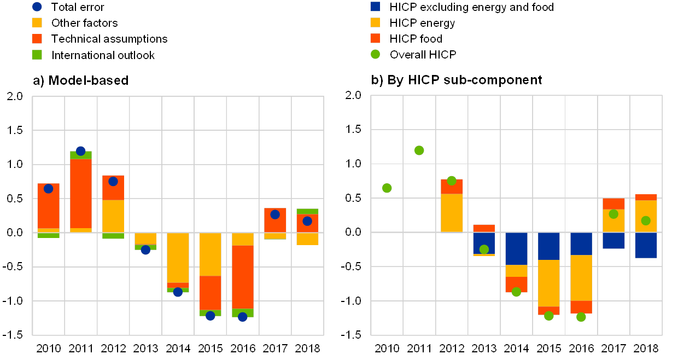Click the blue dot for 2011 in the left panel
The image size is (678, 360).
coord(81,151)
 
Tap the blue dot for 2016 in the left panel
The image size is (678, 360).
coord(243,317)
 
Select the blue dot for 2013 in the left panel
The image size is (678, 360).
coord(145,250)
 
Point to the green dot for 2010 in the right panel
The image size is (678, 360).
coord(387,188)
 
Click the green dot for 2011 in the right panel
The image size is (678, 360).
coord(419,150)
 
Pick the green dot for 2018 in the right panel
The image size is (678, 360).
coord(646,220)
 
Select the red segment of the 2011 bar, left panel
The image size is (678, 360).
coord(81,193)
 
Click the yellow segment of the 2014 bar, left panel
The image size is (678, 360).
coord(178,257)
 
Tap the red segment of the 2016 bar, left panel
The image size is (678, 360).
coord(243,276)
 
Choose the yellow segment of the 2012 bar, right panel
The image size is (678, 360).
coord(452,213)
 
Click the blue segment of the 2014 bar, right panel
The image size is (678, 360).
coord(516,248)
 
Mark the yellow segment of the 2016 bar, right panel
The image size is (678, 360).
coord(581,277)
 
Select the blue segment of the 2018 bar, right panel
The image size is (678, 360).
coord(646,245)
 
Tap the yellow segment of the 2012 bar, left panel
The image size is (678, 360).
coord(113,216)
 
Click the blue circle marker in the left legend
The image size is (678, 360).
coord(37,7)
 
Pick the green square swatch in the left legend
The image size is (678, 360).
coord(37,55)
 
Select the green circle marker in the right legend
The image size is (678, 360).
coord(376,54)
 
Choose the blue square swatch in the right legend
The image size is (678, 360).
coord(376,7)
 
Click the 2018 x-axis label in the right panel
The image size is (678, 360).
coord(646,349)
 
